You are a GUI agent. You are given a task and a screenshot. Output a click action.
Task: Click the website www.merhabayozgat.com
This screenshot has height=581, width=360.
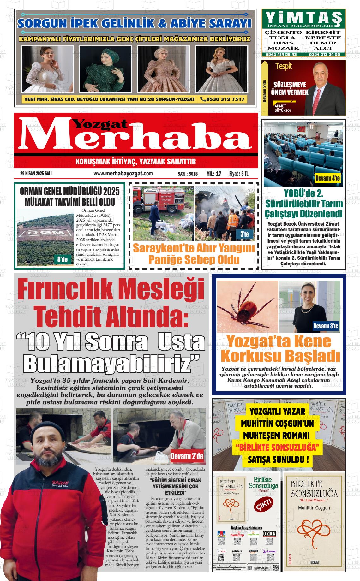[123, 174]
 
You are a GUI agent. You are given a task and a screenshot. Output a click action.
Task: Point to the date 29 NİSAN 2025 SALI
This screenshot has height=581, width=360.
[36, 174]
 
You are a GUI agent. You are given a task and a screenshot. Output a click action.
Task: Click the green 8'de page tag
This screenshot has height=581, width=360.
[62, 260]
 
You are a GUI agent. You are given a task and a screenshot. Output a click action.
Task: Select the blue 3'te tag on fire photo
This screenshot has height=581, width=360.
[244, 234]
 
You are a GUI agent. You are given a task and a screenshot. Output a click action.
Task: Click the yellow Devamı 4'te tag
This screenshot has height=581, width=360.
[327, 179]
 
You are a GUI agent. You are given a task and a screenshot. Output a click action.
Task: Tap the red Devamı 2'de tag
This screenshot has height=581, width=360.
[187, 456]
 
